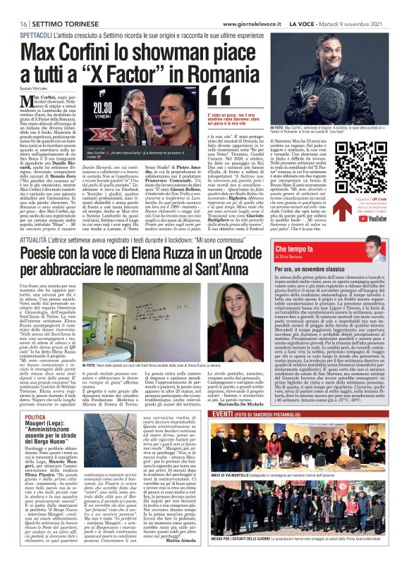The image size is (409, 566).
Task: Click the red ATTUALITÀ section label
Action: (x=32, y=220)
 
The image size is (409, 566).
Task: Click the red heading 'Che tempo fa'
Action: (x=334, y=250)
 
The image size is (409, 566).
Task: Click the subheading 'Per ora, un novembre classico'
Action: (x=344, y=270)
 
